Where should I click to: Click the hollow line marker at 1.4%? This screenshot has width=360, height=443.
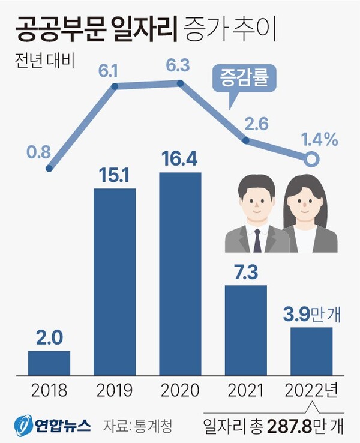(x=311, y=159)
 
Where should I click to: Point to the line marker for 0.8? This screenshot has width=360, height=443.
(x=49, y=168)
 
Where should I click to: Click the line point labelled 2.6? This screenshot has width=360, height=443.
(x=245, y=140)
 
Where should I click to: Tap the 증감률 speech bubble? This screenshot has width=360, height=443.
(x=244, y=77)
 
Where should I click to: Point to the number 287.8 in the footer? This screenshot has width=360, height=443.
(x=292, y=425)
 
